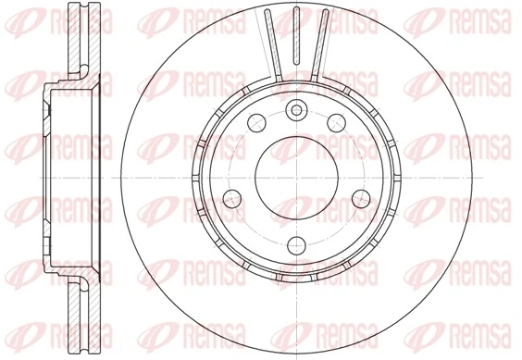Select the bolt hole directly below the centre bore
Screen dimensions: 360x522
click(296, 244)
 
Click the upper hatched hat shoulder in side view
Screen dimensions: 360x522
click(63, 83)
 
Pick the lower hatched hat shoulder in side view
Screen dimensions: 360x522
click(63, 273)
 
